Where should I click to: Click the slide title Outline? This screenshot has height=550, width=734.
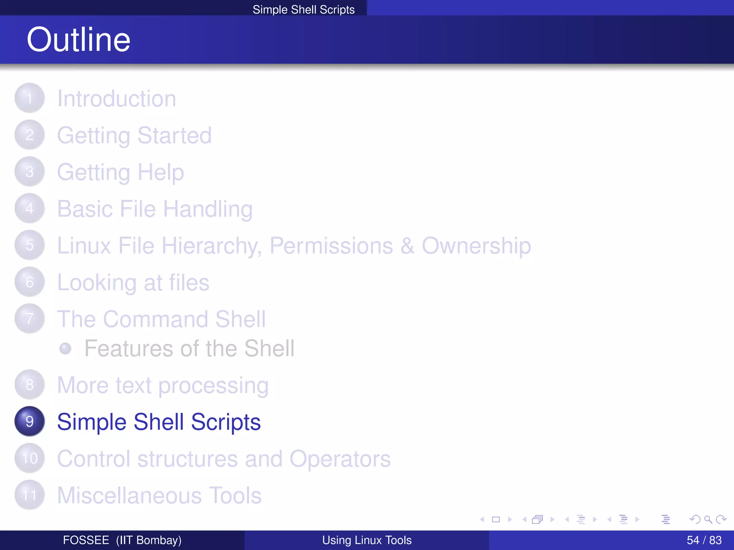coord(78,39)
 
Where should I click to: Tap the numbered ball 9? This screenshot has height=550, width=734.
coord(29,421)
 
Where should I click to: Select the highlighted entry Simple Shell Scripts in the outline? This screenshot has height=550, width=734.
coord(159,422)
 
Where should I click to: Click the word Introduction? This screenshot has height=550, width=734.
coord(116,98)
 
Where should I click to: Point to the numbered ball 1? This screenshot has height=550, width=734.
coord(29,98)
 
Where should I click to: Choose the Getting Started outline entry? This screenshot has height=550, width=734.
coord(134,135)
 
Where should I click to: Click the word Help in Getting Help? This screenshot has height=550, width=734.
coord(161,172)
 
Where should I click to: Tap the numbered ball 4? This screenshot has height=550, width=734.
coord(29,208)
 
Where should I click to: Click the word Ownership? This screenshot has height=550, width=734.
coord(476,246)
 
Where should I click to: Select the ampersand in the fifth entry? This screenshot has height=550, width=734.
coord(407,246)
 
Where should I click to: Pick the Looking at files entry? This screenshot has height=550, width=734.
coord(133,283)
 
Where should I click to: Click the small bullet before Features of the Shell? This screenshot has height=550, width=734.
coord(65,348)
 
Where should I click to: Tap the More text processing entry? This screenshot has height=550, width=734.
coord(163,385)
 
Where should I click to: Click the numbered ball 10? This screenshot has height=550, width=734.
coord(29,458)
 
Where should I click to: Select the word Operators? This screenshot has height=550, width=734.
coord(340,459)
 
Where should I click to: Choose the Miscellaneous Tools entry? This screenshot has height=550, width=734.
coord(159,496)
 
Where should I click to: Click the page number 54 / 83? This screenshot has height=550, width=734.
coord(704,540)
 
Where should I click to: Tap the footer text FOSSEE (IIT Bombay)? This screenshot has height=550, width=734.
coord(122,540)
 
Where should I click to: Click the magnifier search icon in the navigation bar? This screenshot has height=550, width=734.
coord(708,519)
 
